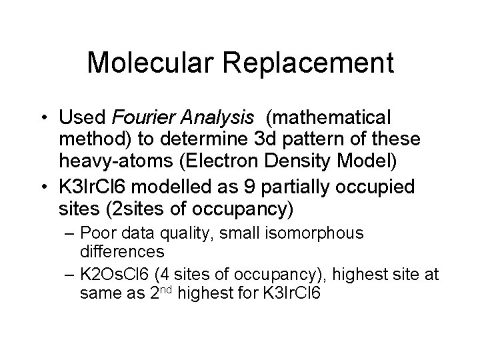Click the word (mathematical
point(319,118)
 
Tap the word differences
point(121,253)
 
